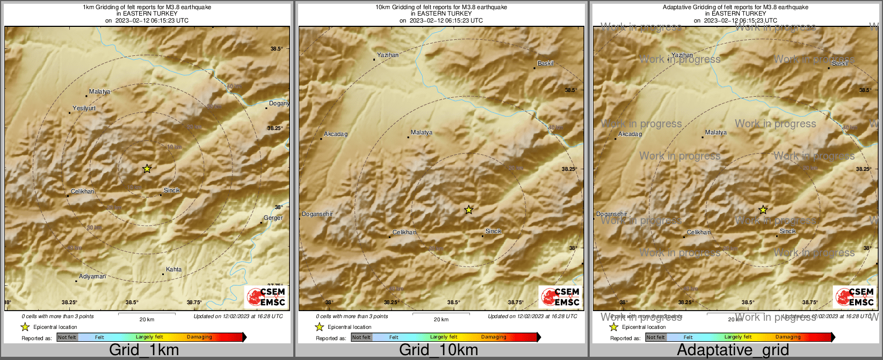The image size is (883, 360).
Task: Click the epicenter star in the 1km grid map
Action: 147,169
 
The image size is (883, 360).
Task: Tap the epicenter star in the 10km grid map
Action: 469,210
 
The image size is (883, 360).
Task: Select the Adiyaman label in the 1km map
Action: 92,277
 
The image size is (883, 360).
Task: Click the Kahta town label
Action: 173,270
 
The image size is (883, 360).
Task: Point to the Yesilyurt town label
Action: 84,109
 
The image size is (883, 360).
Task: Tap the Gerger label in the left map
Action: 273,218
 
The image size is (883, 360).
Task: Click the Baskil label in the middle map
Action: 546,63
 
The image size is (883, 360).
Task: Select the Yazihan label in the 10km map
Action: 388,55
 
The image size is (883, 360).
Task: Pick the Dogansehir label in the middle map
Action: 317,214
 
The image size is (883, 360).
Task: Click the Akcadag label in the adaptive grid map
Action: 630,134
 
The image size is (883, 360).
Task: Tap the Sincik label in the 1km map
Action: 172,191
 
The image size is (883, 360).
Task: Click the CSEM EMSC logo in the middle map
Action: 560,297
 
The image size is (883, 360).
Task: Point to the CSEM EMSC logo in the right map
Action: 855,297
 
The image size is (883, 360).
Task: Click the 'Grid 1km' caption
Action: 144,350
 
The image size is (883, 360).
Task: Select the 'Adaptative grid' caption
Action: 733,350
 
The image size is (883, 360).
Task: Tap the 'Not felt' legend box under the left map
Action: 67,337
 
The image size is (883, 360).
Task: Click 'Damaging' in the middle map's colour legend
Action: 494,337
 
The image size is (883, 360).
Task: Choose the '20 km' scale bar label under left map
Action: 147,320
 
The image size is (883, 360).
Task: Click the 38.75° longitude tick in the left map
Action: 194,303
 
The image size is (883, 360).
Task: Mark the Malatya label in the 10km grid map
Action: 422,133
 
